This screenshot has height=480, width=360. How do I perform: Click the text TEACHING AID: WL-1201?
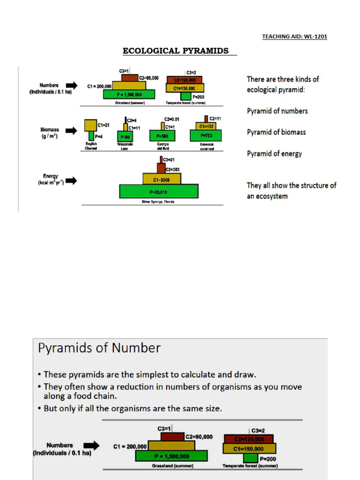coord(294,37)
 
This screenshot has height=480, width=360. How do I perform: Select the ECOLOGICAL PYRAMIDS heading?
coord(176,51)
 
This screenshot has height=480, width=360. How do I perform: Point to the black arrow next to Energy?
coord(72,180)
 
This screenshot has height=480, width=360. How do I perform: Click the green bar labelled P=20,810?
coord(158,191)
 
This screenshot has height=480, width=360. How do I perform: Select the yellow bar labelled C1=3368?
coord(161,178)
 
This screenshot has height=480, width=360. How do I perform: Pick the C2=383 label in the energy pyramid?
coord(172,169)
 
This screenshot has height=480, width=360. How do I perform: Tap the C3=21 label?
coord(169,160)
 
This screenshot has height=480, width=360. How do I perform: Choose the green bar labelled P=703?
coord(205,136)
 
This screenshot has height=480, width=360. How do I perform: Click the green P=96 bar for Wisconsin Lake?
coord(124,136)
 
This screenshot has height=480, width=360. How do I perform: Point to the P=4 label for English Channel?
coord(99,136)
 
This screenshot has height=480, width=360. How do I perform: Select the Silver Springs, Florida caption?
coord(158,202)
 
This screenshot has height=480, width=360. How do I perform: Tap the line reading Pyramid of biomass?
coord(276,132)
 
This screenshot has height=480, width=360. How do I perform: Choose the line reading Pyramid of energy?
coord(274,154)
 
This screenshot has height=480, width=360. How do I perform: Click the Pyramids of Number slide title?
coord(99,348)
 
